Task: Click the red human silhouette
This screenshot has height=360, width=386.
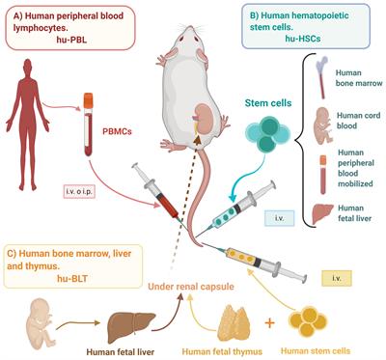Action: click(x=36, y=125)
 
